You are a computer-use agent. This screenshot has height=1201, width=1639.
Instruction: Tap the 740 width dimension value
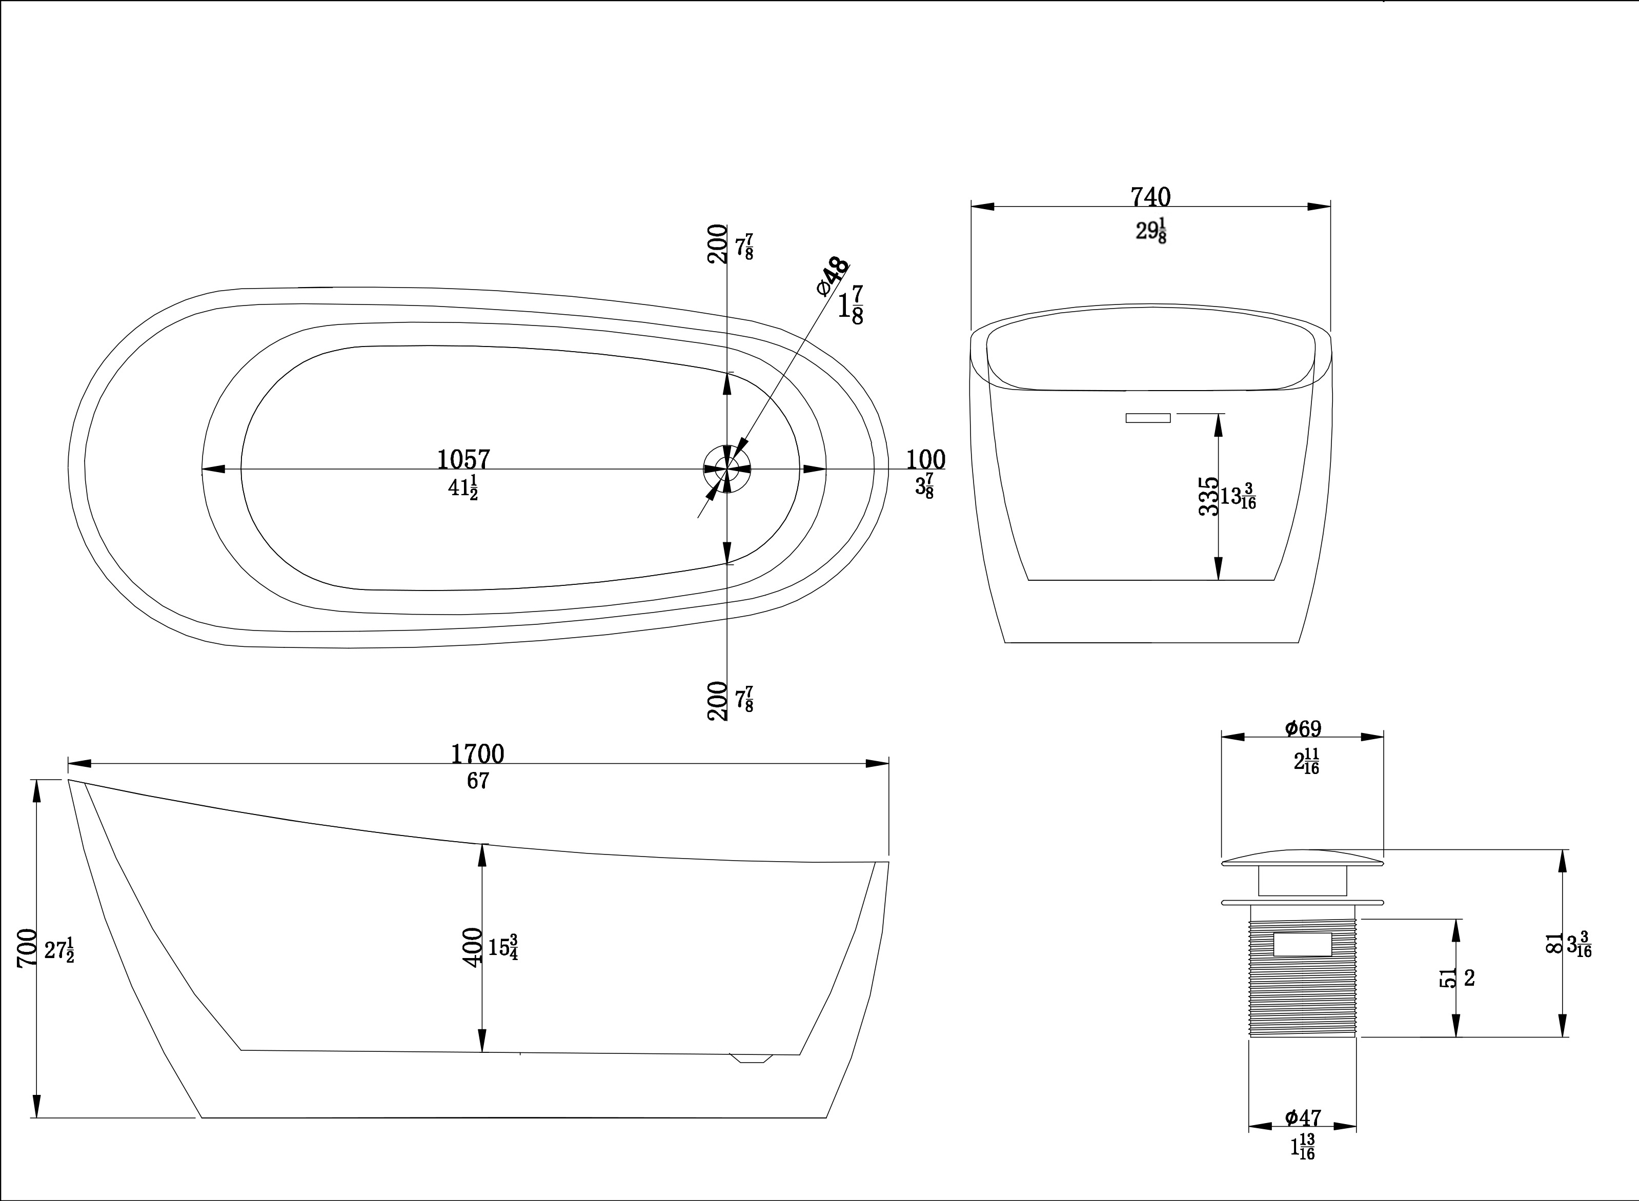(x=1150, y=197)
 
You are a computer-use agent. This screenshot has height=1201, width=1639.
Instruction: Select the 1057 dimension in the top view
(x=463, y=459)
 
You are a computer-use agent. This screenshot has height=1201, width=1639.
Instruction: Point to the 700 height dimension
(x=27, y=947)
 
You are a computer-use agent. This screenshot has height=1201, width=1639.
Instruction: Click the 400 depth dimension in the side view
(x=473, y=947)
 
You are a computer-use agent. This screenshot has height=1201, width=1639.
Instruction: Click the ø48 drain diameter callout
(x=833, y=276)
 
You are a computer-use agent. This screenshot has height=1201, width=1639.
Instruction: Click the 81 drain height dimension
(x=1554, y=944)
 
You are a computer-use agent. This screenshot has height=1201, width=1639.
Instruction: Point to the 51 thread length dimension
(x=1448, y=977)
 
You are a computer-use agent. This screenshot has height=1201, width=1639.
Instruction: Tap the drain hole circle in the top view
(x=726, y=469)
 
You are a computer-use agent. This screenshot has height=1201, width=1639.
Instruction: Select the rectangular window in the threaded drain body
(x=1302, y=944)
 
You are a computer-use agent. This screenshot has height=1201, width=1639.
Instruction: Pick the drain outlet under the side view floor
(x=751, y=1058)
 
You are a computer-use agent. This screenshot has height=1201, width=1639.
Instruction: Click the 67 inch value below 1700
(x=478, y=781)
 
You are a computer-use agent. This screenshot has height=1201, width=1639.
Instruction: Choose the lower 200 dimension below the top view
(x=717, y=700)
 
